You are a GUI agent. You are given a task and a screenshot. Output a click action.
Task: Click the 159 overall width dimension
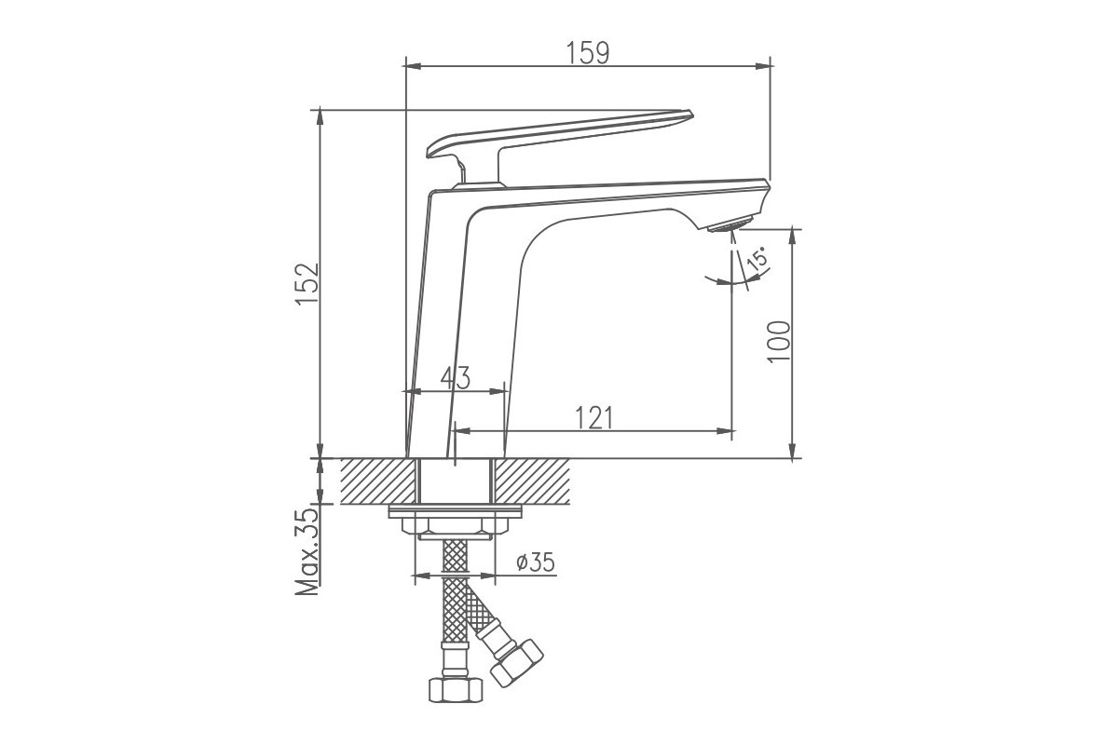pyautogui.click(x=588, y=53)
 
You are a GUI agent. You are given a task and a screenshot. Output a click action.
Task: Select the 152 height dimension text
pyautogui.click(x=307, y=283)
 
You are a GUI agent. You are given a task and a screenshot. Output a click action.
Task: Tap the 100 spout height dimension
pyautogui.click(x=779, y=343)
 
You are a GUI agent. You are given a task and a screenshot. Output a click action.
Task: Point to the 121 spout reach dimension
pyautogui.click(x=594, y=417)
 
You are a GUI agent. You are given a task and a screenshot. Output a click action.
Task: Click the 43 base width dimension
pyautogui.click(x=456, y=378)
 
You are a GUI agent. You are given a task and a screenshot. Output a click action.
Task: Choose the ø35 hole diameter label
pyautogui.click(x=536, y=562)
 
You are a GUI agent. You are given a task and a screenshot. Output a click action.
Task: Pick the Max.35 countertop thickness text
pyautogui.click(x=307, y=551)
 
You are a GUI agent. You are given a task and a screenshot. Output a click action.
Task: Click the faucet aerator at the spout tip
pyautogui.click(x=729, y=223)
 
